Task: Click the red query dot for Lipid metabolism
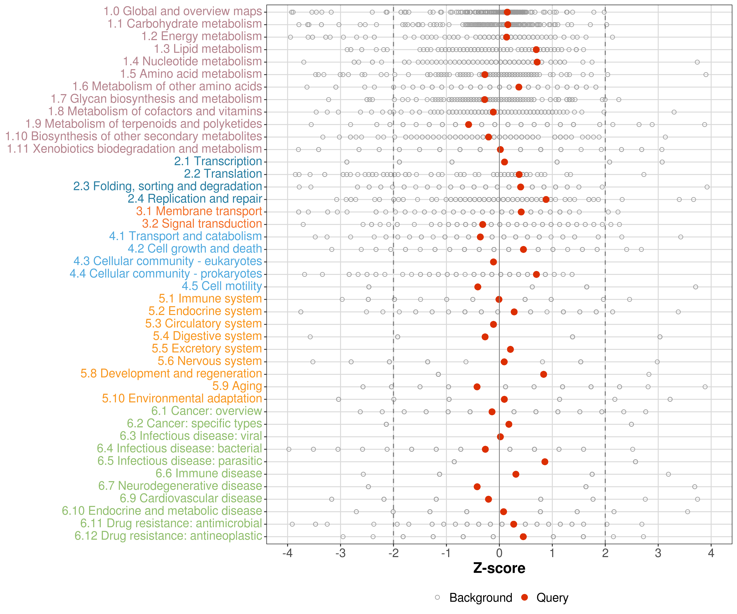536,50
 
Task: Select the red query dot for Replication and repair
546,199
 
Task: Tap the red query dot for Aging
477,387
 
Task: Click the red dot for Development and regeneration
543,374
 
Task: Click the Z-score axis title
499,568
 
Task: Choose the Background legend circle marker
437,597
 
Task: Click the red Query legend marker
524,597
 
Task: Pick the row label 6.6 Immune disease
209,473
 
